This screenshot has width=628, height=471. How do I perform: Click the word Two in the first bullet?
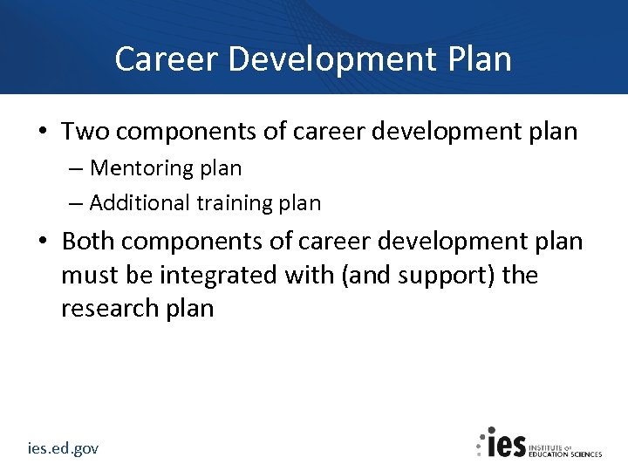[x=85, y=132]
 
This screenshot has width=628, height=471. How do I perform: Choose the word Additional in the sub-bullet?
[x=140, y=203]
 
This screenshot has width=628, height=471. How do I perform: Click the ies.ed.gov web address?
[x=62, y=448]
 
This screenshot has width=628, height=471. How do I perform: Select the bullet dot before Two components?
[x=42, y=133]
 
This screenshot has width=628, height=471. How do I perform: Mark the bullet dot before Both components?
[x=42, y=242]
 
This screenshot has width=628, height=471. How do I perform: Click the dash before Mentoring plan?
[x=76, y=168]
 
